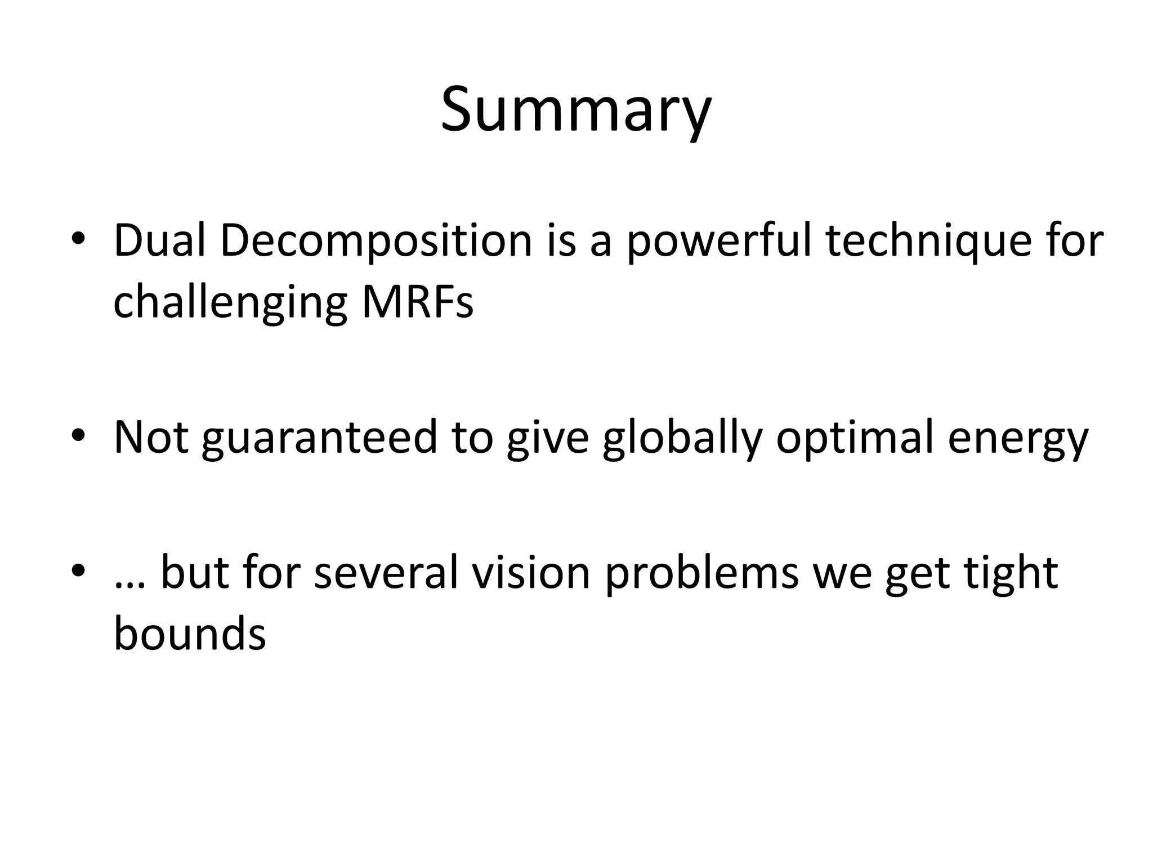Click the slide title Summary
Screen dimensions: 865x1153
click(x=576, y=110)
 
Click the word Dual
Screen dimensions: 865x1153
click(x=159, y=241)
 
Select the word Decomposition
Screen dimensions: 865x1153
click(x=376, y=241)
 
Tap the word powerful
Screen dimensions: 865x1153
click(x=718, y=241)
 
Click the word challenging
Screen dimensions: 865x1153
click(x=230, y=302)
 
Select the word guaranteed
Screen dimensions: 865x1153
click(x=320, y=438)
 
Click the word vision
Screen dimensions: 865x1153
click(x=531, y=572)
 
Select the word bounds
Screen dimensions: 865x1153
click(x=190, y=634)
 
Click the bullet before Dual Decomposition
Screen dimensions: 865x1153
click(x=78, y=242)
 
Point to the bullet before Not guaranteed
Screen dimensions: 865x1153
click(x=78, y=438)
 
